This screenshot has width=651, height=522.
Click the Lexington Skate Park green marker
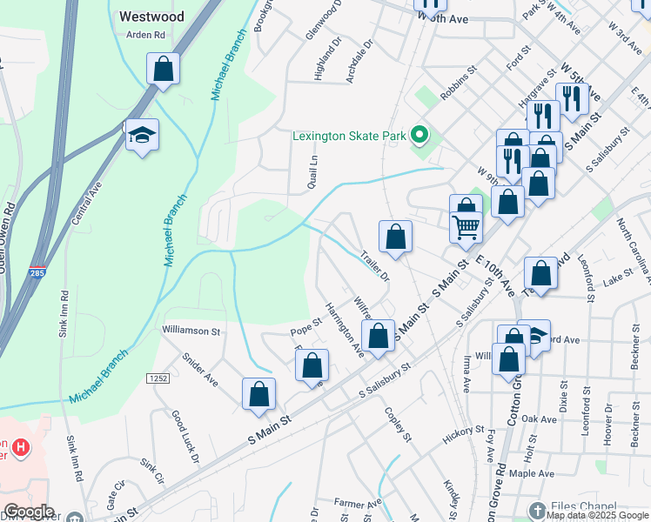pos(419,135)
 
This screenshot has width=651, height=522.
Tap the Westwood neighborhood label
pos(151,17)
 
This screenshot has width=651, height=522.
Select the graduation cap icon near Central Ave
pos(142,135)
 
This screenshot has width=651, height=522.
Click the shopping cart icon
pos(466,227)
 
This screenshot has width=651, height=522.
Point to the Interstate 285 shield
pos(37,271)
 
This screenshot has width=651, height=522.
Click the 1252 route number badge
pos(157,378)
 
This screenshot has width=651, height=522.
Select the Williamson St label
pos(191,331)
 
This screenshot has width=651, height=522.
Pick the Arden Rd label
pos(145,36)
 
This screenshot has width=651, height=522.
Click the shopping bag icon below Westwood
pos(163,68)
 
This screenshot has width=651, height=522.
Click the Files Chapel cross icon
pos(537,509)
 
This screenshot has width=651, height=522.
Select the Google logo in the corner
pos(28,512)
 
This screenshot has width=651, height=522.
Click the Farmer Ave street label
pos(357,504)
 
